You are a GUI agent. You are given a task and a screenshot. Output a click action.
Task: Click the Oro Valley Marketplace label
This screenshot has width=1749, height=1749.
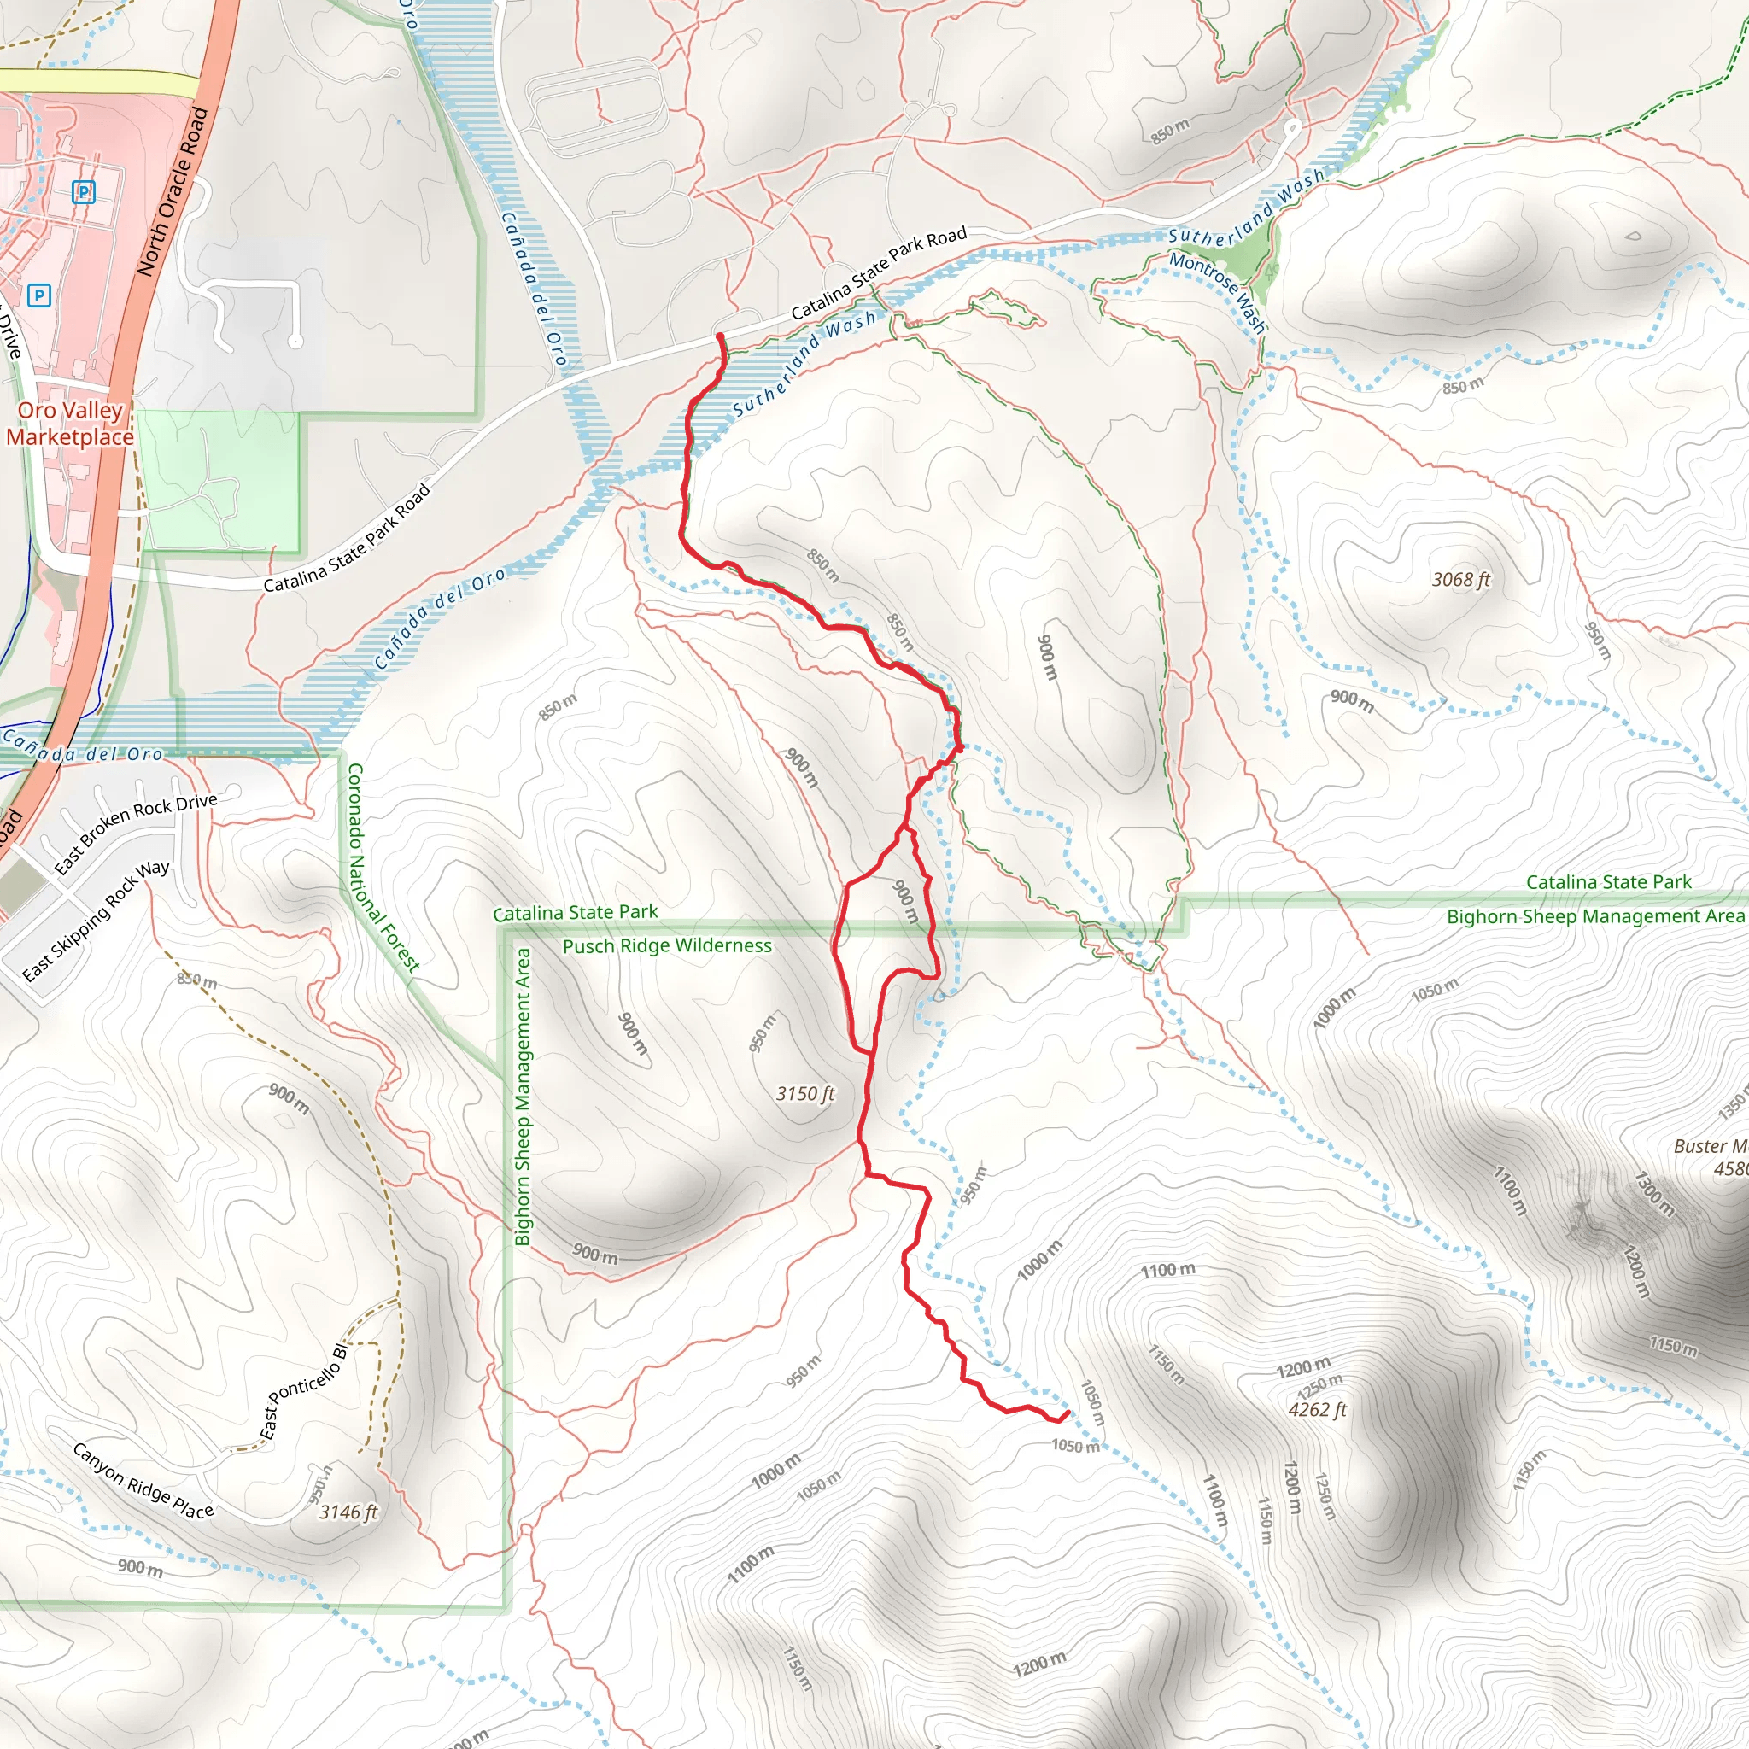click(69, 423)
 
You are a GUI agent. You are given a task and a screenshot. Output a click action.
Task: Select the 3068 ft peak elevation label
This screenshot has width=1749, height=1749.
click(1460, 579)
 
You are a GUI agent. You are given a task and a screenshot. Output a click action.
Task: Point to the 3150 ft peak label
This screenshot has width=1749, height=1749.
click(804, 1094)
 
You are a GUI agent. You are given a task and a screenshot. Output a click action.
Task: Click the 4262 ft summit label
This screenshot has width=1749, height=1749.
click(1317, 1409)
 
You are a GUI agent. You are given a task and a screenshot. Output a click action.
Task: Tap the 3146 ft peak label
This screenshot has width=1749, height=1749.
click(348, 1512)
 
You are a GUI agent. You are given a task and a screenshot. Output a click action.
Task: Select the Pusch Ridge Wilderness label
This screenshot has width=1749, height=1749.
click(667, 946)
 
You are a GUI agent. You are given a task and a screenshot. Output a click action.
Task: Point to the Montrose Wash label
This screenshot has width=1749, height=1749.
click(1217, 291)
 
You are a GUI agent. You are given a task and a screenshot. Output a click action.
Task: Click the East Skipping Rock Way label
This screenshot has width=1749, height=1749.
click(95, 921)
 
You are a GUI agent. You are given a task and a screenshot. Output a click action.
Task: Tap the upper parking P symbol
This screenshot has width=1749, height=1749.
click(84, 191)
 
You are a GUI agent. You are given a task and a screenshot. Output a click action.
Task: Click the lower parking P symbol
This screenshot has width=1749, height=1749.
click(39, 295)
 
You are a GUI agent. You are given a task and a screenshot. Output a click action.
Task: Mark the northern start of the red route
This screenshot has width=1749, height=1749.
click(721, 336)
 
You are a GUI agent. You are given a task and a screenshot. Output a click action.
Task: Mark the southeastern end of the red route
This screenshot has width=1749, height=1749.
click(1068, 1413)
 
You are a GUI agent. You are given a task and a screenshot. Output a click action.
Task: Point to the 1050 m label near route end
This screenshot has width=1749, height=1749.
click(1074, 1446)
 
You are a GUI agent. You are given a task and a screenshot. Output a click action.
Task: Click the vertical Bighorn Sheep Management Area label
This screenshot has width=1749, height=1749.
click(523, 1097)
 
